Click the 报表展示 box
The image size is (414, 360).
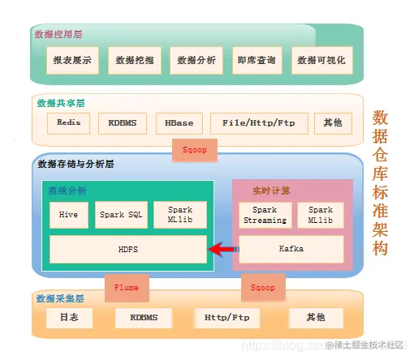72,60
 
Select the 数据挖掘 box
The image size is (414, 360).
133,60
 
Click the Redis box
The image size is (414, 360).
68,123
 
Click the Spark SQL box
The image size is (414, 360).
122,215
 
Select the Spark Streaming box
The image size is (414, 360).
264,215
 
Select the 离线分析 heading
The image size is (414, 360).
66,191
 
